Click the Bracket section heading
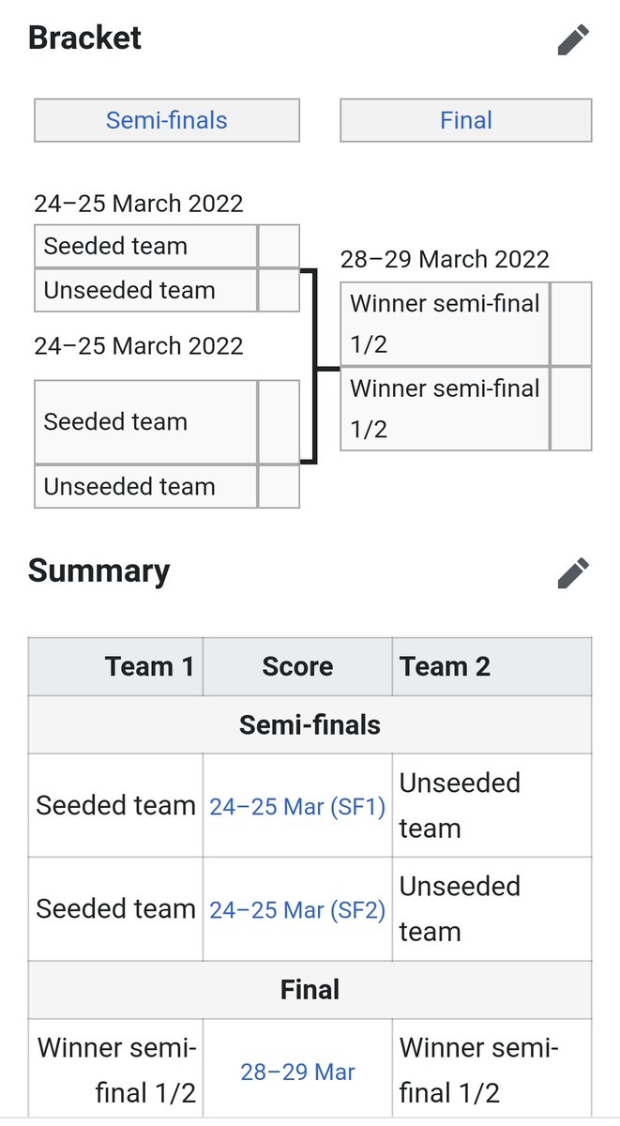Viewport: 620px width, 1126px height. [x=84, y=38]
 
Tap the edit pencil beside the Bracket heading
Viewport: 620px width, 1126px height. [x=573, y=39]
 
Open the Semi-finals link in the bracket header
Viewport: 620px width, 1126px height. [x=166, y=120]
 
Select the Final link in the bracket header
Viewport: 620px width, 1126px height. [x=465, y=120]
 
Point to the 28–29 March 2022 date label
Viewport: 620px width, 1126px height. [x=445, y=259]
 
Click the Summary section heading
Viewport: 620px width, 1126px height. [x=98, y=571]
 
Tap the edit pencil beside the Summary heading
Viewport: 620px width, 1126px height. [x=573, y=572]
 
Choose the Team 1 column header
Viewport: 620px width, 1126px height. [x=149, y=666]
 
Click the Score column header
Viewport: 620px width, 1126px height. [x=297, y=666]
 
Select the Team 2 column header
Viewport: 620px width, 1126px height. [x=445, y=666]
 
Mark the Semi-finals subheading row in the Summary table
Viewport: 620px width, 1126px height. [x=310, y=724]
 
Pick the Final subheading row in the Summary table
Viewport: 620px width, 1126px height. [x=310, y=989]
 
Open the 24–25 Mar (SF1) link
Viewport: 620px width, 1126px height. [x=297, y=806]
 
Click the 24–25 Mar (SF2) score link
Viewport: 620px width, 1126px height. [x=297, y=909]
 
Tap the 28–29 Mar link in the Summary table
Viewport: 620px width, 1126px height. [x=297, y=1072]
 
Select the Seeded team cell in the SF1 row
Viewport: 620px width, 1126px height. [x=115, y=805]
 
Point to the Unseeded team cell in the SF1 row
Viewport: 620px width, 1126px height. [x=460, y=805]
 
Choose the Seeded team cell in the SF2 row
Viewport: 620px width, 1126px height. [x=115, y=908]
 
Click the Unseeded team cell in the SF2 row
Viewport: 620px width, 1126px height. [x=460, y=908]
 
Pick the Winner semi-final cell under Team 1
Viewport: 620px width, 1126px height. [x=116, y=1071]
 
